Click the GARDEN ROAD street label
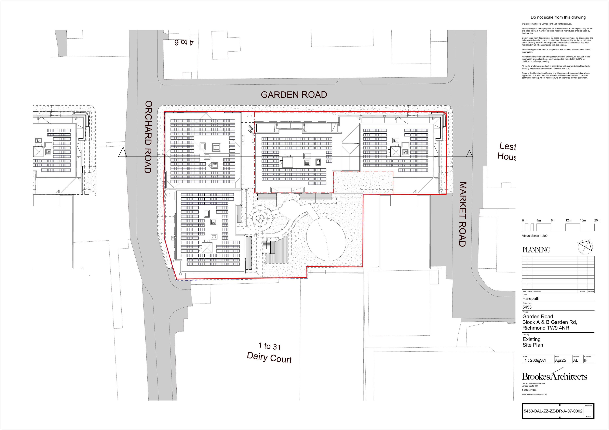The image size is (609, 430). tap(294, 95)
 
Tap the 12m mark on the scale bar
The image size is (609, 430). tap(568, 220)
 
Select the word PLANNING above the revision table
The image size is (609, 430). tap(536, 250)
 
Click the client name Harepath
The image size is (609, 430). tap(531, 298)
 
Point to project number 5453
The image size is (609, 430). tap(527, 307)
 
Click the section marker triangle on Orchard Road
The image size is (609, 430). tap(122, 153)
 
